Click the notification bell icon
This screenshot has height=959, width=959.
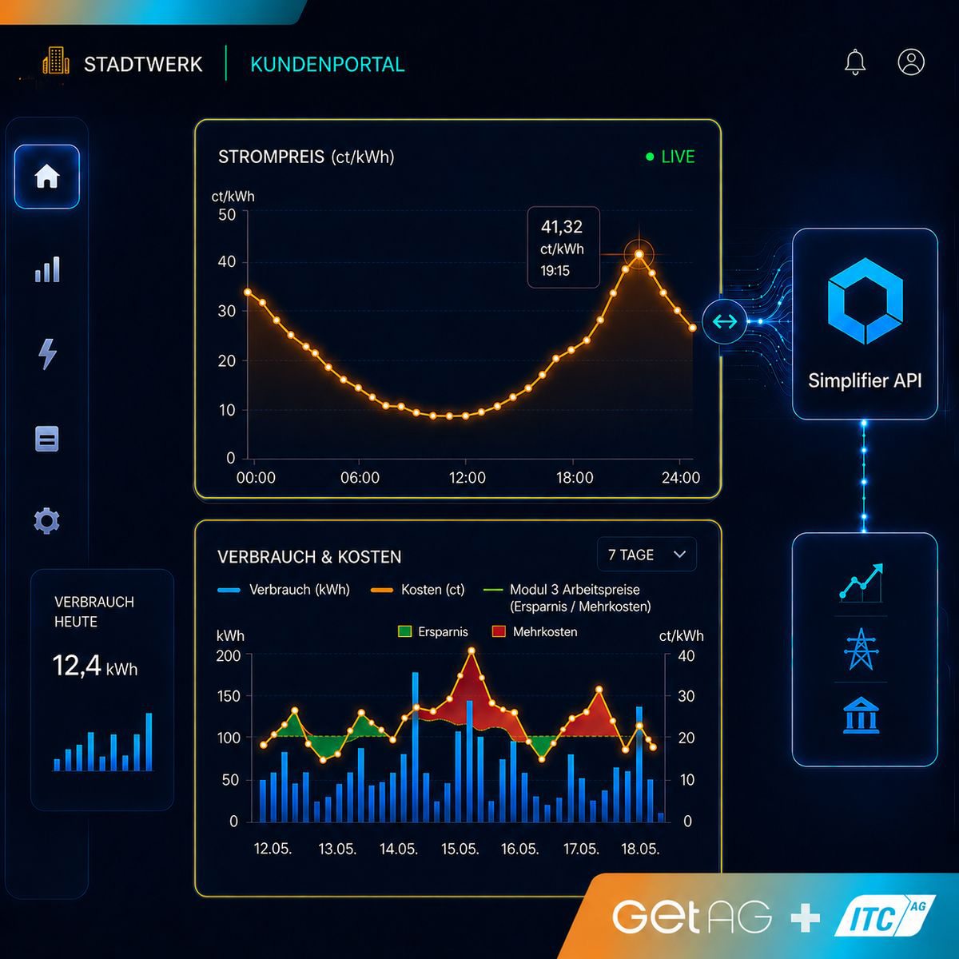(x=855, y=62)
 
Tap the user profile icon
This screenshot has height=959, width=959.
(x=911, y=62)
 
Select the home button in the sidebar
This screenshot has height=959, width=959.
(x=47, y=176)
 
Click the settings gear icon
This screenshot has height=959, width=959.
(x=47, y=520)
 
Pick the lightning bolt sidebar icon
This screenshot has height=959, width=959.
(x=47, y=354)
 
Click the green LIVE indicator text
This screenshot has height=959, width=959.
(x=678, y=157)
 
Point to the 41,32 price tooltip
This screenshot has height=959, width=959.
(x=563, y=247)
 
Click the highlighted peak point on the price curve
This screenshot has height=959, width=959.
(x=639, y=255)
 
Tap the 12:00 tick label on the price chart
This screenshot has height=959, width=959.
(x=467, y=478)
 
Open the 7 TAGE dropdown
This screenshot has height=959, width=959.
(x=647, y=555)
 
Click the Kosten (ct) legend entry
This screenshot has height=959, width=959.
(x=417, y=590)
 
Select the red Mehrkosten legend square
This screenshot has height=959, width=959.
(x=499, y=631)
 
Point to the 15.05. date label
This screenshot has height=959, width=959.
(x=460, y=849)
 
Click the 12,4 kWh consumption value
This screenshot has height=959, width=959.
(x=94, y=666)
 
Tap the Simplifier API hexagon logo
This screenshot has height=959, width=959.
(x=865, y=300)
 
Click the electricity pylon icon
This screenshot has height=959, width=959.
(x=861, y=649)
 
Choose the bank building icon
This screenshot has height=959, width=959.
(x=861, y=715)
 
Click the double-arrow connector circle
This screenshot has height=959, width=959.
(x=725, y=321)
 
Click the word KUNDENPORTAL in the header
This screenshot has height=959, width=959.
(x=328, y=65)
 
